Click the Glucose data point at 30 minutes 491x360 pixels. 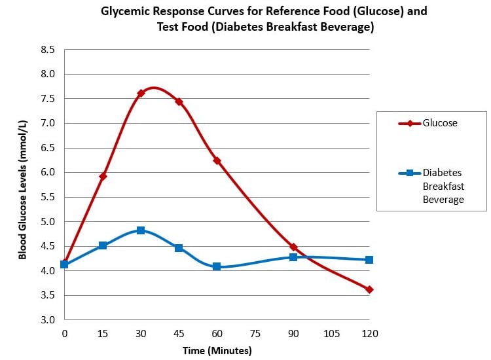pos(141,93)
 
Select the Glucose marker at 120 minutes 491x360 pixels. pos(369,289)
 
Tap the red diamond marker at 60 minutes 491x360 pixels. pos(217,160)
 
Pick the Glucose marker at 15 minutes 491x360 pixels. pos(103,176)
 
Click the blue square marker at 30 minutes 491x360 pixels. pos(141,230)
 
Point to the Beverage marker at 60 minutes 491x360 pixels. pos(217,266)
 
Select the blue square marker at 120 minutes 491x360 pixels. pos(369,260)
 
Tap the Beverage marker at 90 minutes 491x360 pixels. pos(293,257)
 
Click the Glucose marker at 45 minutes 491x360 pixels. pos(179,101)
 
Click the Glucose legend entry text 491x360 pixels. pos(440,123)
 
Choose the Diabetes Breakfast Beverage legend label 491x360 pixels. pos(443,186)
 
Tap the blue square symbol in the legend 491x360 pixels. pos(410,173)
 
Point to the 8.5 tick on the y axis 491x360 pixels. pos(47,50)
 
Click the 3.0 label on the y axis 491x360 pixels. pos(47,320)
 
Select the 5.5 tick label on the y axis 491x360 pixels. pos(47,197)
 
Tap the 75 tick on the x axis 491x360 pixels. pos(255,333)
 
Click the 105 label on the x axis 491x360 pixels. pos(332,333)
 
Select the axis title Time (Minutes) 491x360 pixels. pos(217,351)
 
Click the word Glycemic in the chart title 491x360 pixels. pos(124,12)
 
